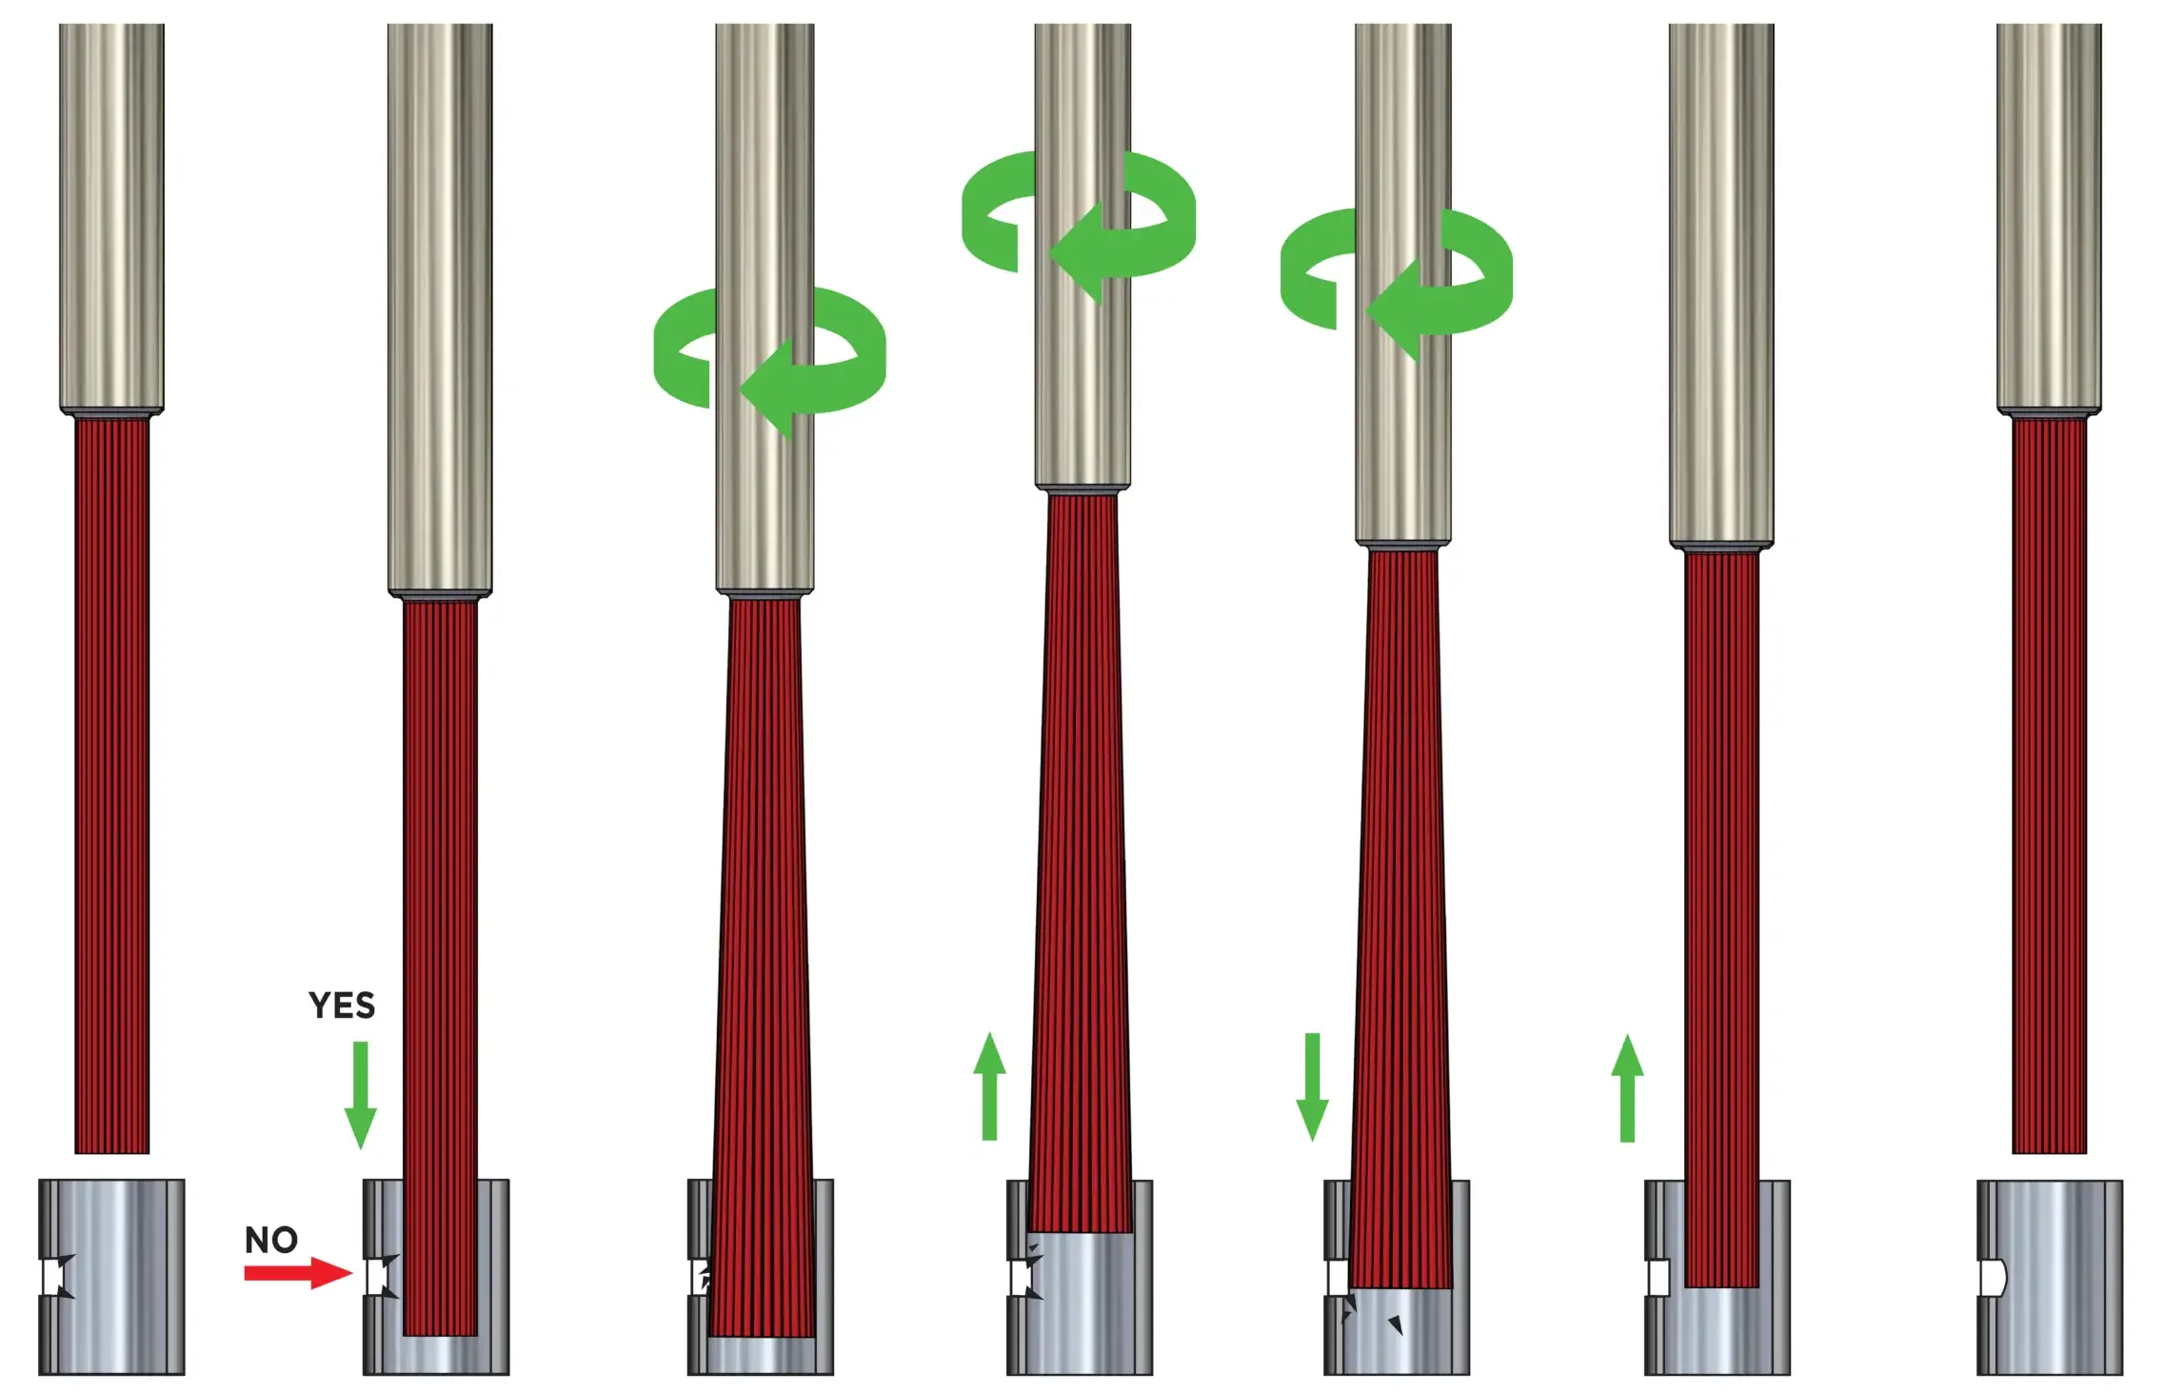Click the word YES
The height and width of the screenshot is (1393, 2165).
[x=342, y=1005]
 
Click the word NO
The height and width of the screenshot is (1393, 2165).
[x=271, y=1240]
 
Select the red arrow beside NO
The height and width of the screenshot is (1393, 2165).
[x=298, y=1273]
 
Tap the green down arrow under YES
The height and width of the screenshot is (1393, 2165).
[x=360, y=1095]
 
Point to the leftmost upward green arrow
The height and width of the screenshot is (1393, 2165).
[x=989, y=1086]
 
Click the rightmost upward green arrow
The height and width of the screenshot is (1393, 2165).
[x=1627, y=1088]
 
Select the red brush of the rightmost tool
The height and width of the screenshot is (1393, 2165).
[x=2049, y=786]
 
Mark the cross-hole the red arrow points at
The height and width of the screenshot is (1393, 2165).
[x=382, y=1277]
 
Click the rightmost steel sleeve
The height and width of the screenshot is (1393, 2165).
[x=2049, y=1277]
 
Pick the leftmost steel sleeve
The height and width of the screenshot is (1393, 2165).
[x=111, y=1277]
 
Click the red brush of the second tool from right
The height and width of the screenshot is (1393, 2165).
[x=1721, y=920]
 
